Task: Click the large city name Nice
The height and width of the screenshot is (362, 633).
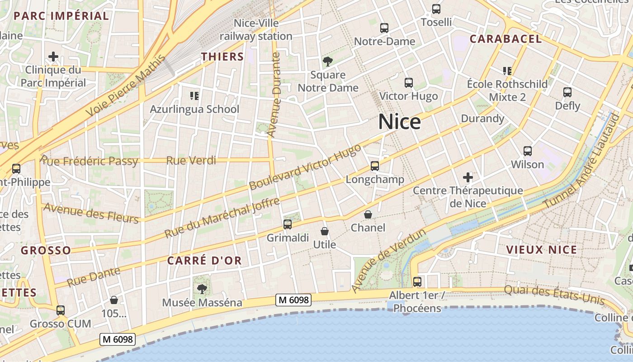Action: point(399,122)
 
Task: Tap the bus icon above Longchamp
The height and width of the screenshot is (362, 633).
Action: point(374,166)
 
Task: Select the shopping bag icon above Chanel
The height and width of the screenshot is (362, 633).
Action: point(368,214)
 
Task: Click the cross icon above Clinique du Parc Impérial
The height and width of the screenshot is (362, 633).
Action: point(53,57)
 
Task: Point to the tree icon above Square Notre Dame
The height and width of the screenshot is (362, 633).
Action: point(327,62)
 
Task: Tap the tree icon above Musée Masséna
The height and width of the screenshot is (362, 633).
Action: point(202,289)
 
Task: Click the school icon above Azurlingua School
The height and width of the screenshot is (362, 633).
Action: point(194,95)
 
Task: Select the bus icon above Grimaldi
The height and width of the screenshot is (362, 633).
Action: point(287,224)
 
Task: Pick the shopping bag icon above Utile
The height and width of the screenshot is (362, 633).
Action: point(324,231)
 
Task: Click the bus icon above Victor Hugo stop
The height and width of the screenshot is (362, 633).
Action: point(408,83)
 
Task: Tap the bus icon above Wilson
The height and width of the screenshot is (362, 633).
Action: point(527,151)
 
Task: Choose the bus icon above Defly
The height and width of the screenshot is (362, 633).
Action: point(567,92)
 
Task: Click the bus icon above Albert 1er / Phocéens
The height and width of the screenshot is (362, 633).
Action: point(417,281)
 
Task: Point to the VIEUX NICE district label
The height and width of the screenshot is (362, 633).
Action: point(541,250)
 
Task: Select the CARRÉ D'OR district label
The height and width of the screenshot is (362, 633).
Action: point(204,261)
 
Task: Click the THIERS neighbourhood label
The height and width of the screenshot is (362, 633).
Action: point(222,57)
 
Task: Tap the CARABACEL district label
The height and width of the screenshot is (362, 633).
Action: point(505,39)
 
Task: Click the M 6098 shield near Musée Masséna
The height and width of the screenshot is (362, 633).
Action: point(294,300)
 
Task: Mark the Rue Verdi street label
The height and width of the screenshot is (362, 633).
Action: point(191,160)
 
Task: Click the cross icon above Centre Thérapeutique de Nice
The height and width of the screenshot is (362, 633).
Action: point(468,177)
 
